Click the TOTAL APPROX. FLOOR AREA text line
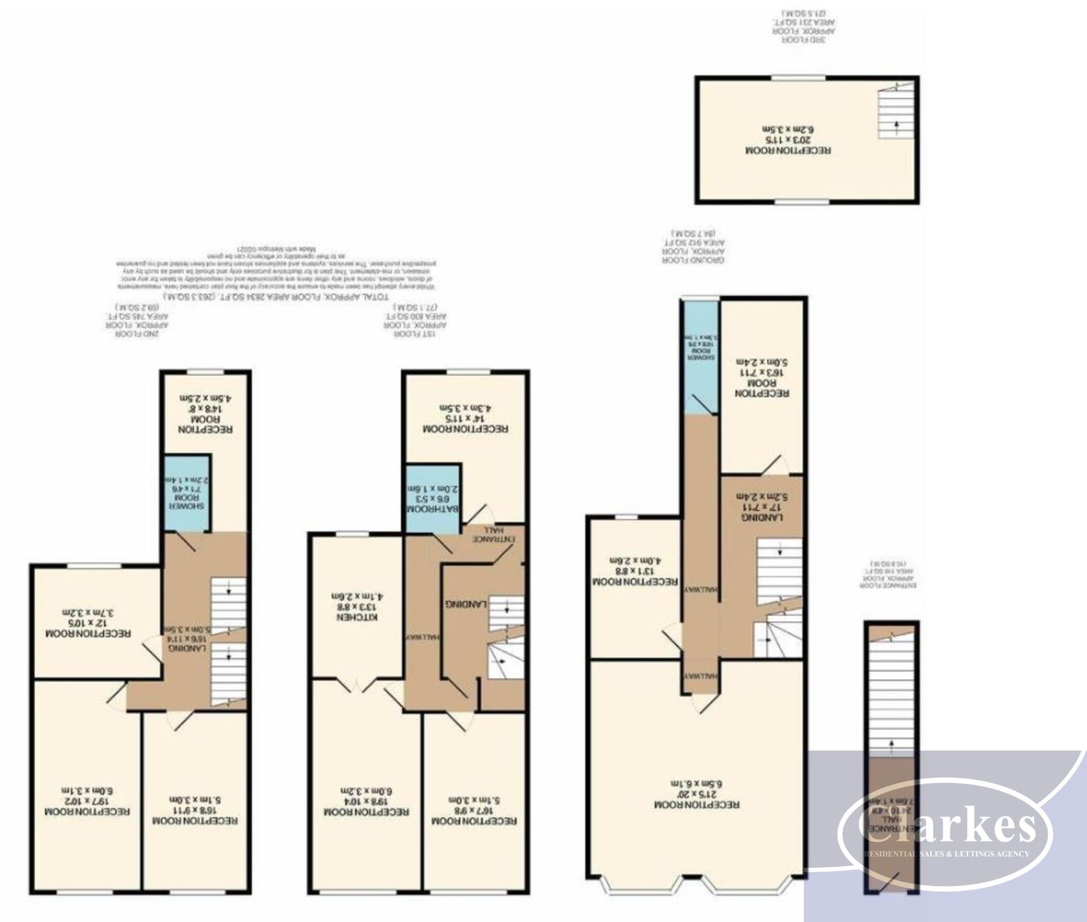click(x=276, y=295)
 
